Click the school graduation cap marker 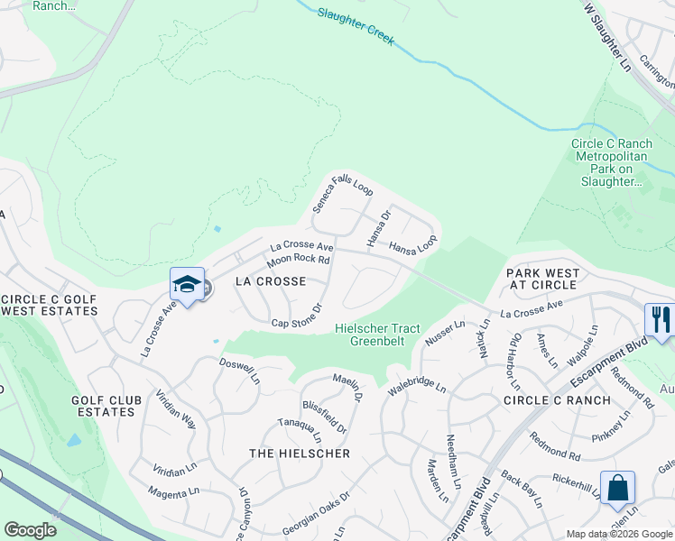point(186,285)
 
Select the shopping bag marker point(618,488)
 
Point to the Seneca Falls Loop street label point(342,194)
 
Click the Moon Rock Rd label point(298,260)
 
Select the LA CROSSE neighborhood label point(270,281)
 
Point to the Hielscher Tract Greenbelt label point(377,335)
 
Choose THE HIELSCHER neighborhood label point(300,454)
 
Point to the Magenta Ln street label point(175,492)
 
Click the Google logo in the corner point(30,530)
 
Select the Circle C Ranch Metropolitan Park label point(612,162)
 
